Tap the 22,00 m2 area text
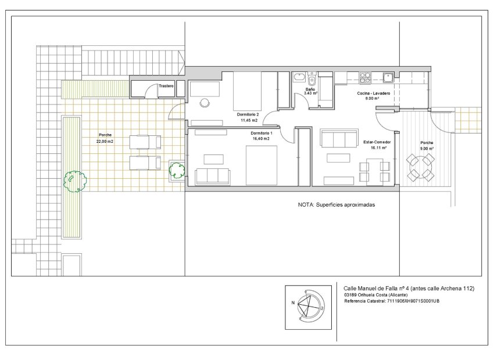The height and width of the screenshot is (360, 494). click(x=105, y=141)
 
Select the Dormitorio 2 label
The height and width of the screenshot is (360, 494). click(x=248, y=114)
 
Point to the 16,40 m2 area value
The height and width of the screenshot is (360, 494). click(x=261, y=139)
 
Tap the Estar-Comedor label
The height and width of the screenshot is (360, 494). click(x=377, y=142)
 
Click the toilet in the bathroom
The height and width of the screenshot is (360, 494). click(x=312, y=80)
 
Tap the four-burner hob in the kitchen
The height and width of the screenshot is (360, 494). click(x=366, y=77)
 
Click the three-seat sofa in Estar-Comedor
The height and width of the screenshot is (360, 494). click(x=339, y=139)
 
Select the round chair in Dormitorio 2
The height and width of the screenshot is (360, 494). click(x=205, y=103)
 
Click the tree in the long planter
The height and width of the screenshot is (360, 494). click(x=75, y=181)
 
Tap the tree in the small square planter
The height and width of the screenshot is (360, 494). click(x=177, y=170)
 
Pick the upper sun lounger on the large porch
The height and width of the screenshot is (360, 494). click(x=144, y=142)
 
